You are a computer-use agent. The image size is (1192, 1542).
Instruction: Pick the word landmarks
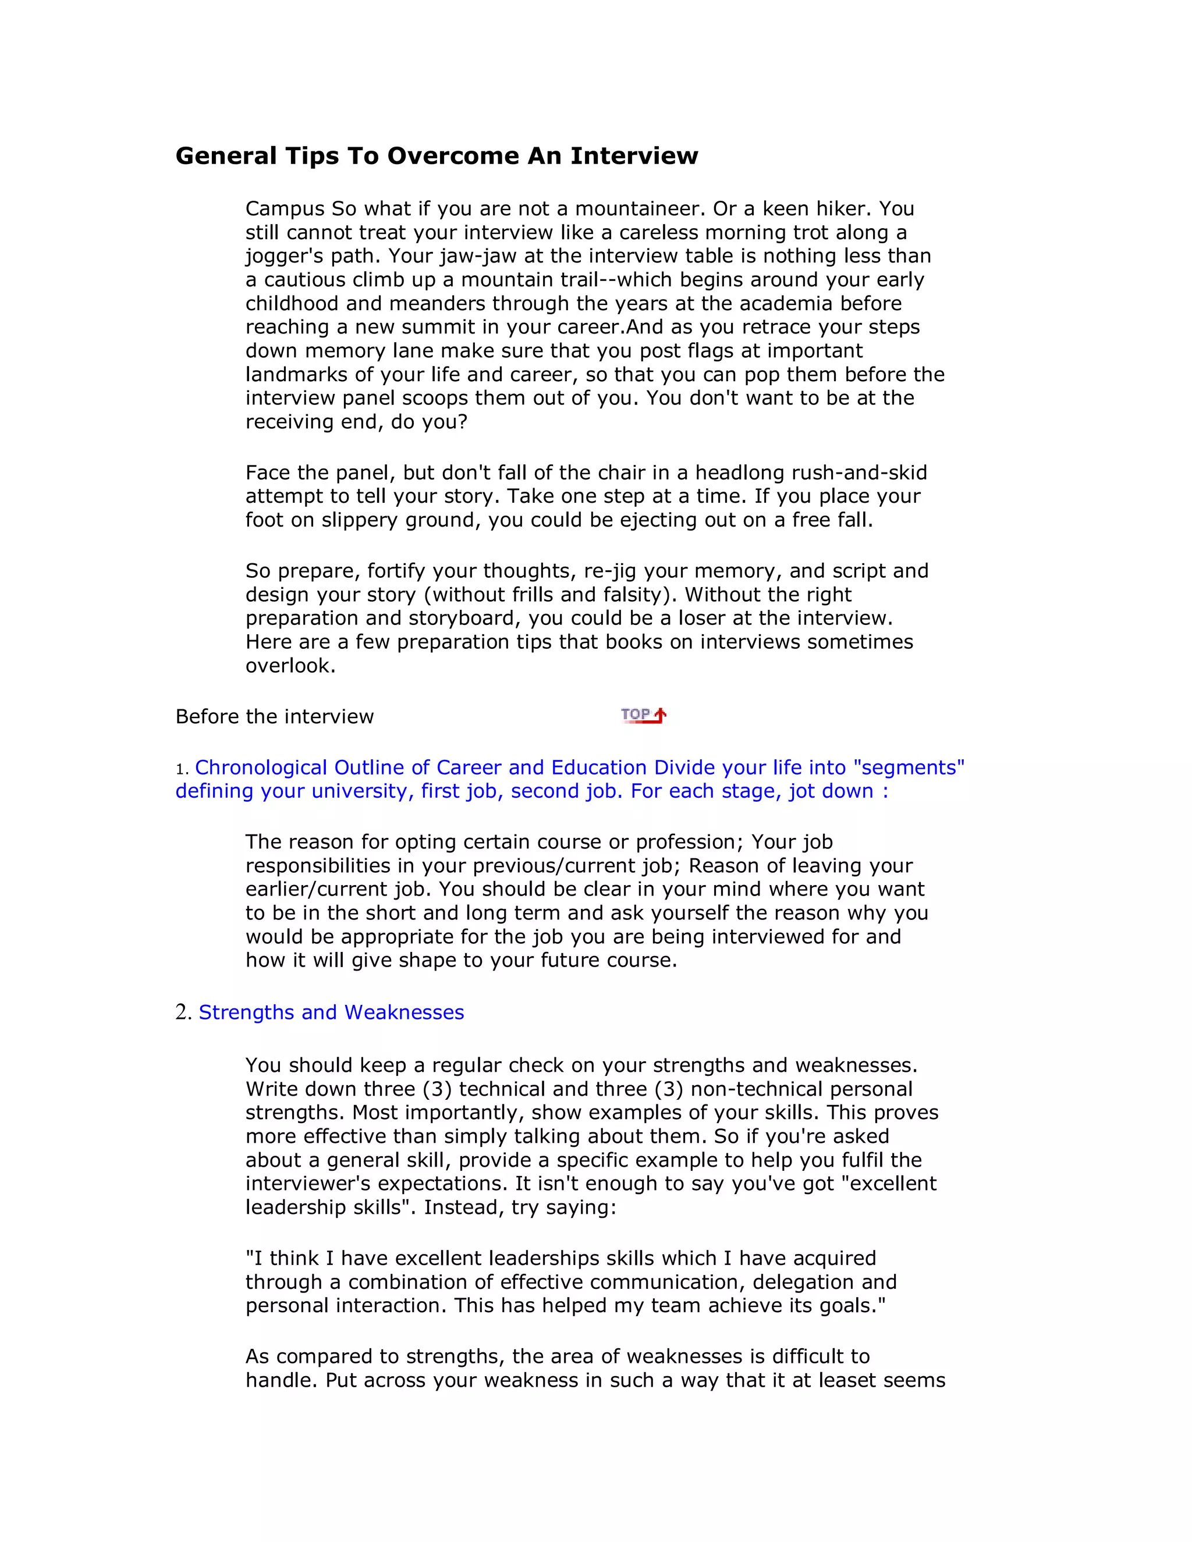297,374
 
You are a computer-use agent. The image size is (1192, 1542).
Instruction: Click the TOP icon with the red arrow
643,715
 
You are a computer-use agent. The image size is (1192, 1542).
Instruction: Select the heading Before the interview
275,717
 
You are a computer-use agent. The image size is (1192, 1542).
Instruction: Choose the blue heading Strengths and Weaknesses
331,1012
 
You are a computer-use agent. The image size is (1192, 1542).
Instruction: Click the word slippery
360,520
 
